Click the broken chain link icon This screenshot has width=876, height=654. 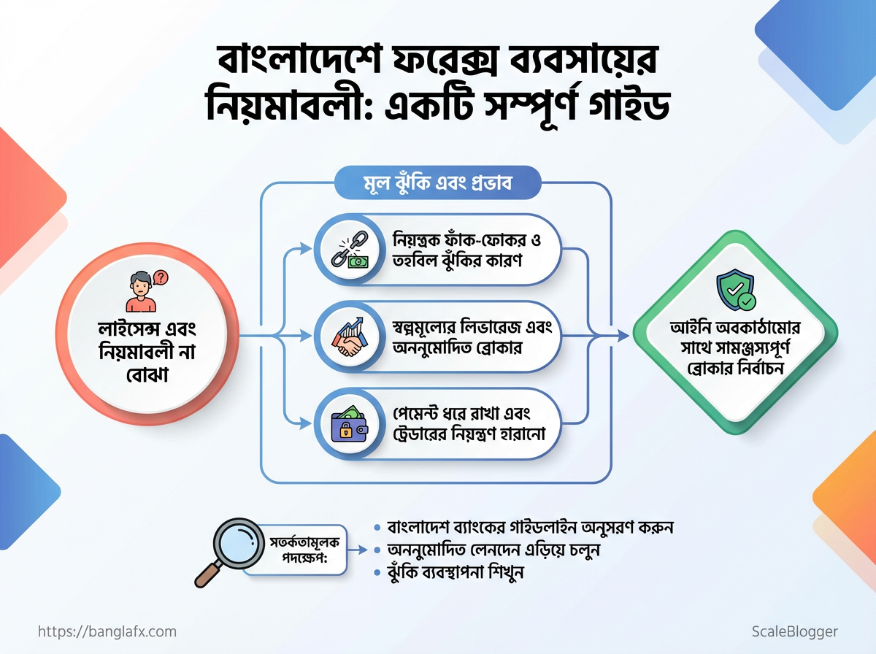pos(350,250)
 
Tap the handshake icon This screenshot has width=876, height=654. pos(350,337)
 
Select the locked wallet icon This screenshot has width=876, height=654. pos(350,424)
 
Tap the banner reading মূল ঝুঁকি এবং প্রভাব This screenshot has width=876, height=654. pos(437,183)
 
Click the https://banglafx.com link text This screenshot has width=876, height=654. pos(107,631)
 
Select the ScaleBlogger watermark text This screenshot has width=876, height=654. pos(795,632)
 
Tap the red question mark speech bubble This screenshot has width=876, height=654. pos(161,277)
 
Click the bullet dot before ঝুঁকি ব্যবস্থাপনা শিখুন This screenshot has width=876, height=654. pos(377,572)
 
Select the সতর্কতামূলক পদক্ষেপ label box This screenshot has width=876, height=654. pos(299,550)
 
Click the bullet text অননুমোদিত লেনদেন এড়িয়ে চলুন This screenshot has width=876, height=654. pos(493,550)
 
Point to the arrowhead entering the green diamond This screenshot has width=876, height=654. pos(623,336)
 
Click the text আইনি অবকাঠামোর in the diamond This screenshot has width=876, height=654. pos(735,328)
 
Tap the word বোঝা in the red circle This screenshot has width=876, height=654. pos(147,375)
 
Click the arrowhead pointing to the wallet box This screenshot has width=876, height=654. pos(306,424)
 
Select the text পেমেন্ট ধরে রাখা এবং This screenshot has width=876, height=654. pos(461,414)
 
